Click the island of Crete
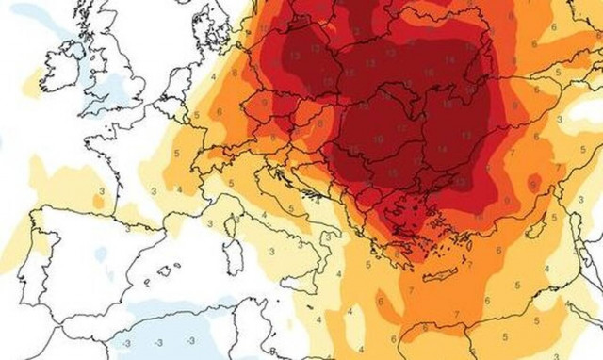[439, 275]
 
